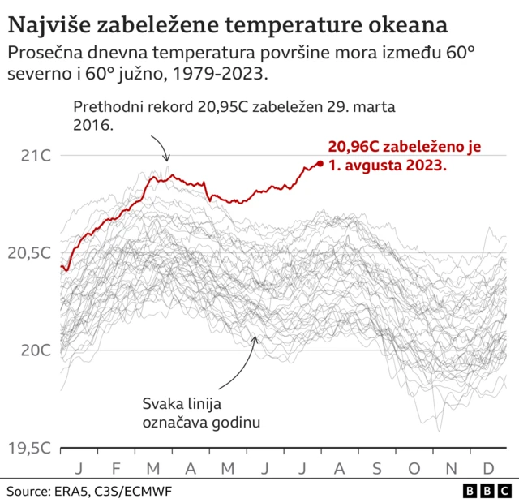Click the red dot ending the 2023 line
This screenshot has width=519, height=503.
(x=320, y=164)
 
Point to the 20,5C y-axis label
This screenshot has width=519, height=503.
(x=29, y=253)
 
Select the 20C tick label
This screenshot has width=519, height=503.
(x=35, y=350)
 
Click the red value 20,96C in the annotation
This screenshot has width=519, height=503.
(x=357, y=147)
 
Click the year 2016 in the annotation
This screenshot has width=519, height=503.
(x=91, y=127)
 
